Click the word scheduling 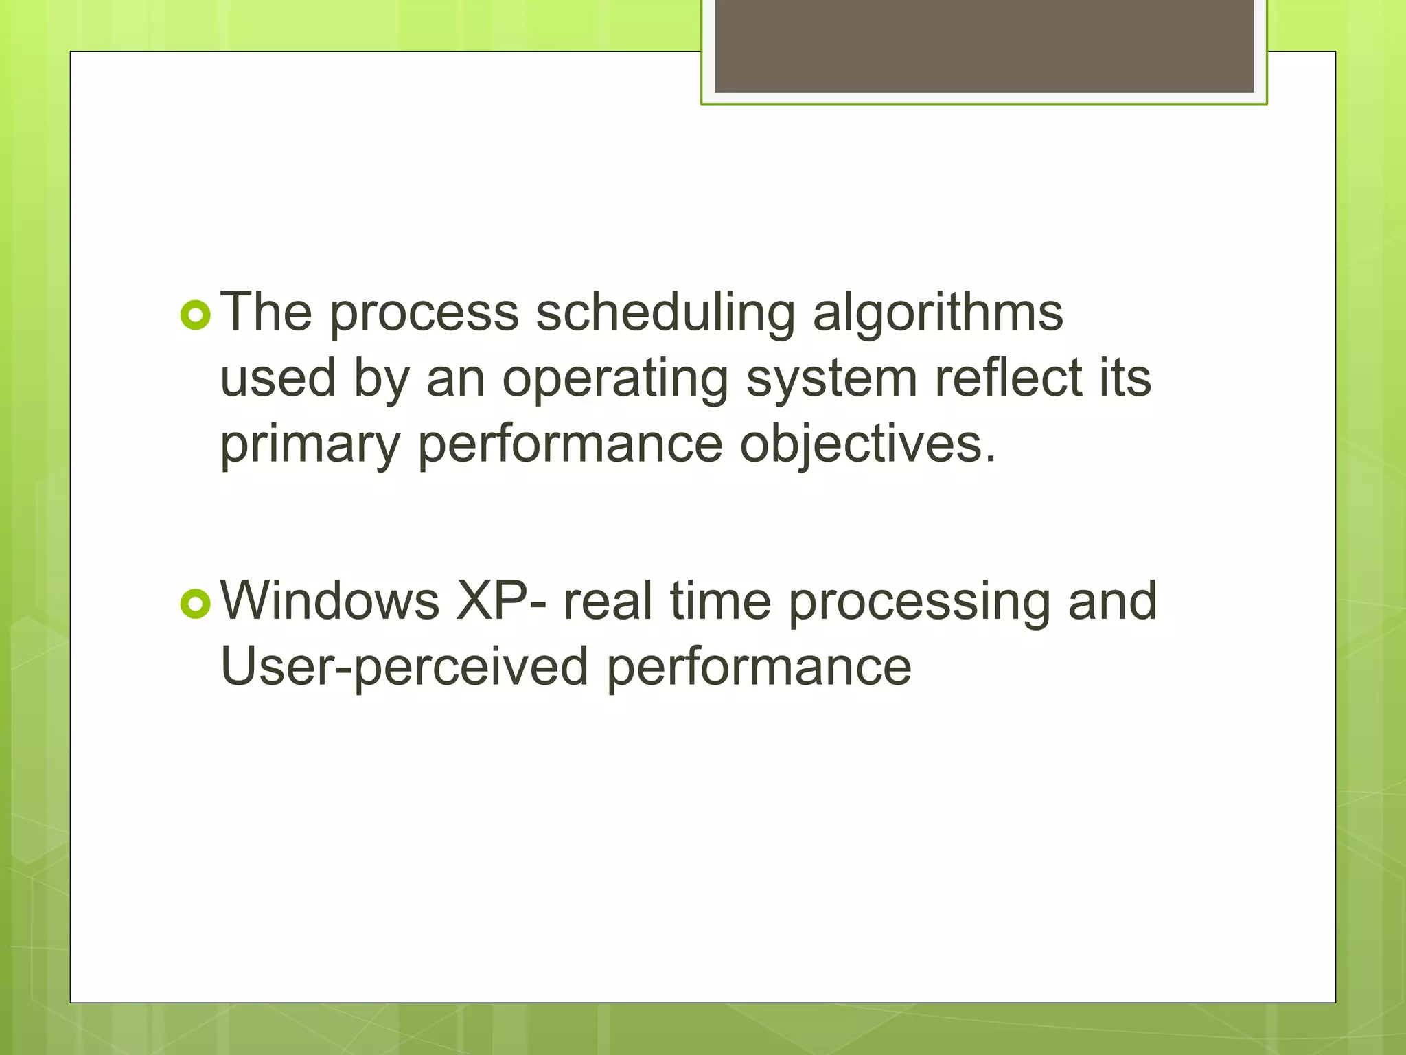pos(665,313)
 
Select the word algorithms pos(938,313)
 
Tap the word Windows pos(330,601)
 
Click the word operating pos(615,380)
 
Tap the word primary pos(310,445)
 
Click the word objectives pos(868,445)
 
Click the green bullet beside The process pos(196,315)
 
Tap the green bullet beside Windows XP pos(196,604)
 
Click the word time pos(720,601)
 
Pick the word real pos(608,601)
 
